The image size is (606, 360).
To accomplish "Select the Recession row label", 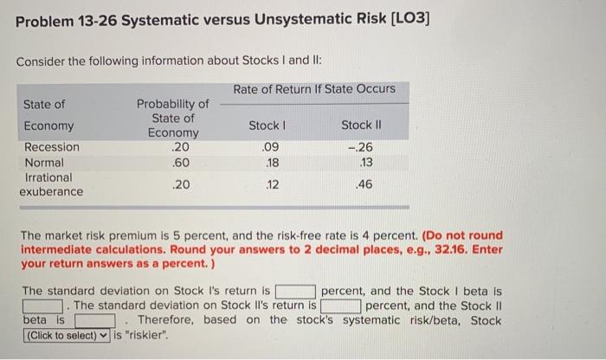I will [51, 147].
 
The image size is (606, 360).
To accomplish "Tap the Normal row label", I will [43, 162].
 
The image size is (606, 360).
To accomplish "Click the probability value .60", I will [179, 162].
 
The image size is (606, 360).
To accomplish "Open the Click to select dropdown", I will [67, 336].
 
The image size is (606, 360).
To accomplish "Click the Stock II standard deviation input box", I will [341, 306].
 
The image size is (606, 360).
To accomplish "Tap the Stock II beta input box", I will [91, 321].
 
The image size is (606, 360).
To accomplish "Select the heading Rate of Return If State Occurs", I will [314, 89].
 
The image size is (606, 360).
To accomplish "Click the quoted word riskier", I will [145, 336].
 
